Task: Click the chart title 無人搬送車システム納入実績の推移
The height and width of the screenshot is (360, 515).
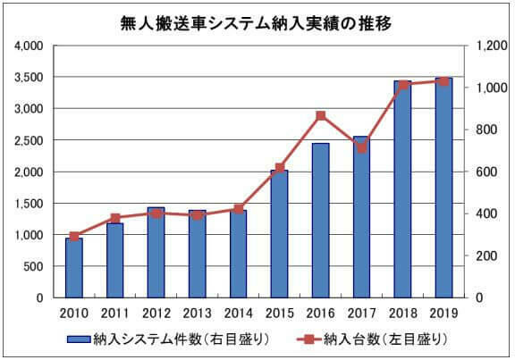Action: coord(257,21)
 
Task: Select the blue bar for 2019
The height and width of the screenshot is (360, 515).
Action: coord(444,188)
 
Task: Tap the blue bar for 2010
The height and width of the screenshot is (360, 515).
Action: coord(74,267)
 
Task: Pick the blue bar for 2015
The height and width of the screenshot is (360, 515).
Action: coord(280,233)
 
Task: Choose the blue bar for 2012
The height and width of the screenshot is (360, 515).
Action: coord(156,252)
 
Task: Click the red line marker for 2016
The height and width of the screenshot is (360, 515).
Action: coord(321,115)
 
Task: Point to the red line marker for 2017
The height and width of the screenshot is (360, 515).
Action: coord(362,147)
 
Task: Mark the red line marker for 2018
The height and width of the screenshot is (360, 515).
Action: coord(403,85)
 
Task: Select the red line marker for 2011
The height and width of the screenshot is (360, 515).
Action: coord(115,218)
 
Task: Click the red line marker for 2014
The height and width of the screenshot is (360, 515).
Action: coord(239,209)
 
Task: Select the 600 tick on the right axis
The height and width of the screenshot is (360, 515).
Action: coord(486,172)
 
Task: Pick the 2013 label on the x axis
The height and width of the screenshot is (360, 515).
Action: coord(198,313)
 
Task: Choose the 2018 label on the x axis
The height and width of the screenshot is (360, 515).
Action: coord(403,313)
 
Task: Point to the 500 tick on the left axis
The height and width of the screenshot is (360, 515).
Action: coord(37,266)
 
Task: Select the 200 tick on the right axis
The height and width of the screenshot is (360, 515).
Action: coord(486,255)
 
